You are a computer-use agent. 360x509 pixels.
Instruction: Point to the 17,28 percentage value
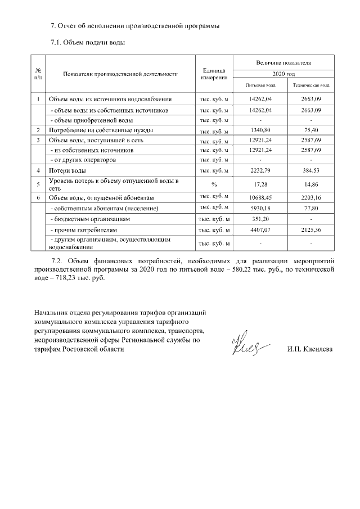(x=260, y=184)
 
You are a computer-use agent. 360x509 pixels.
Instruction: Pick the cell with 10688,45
(x=260, y=198)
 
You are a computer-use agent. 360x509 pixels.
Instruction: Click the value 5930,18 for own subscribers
(x=260, y=208)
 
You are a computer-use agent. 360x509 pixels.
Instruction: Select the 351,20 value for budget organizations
(x=260, y=219)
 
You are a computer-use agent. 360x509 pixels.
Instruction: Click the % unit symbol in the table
(x=214, y=184)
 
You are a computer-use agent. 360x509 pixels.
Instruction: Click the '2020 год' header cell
(x=283, y=74)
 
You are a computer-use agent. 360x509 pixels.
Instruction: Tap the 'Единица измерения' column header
(x=214, y=74)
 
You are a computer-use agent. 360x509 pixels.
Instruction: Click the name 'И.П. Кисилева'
(x=309, y=349)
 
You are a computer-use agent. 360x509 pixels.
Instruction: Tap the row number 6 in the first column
(x=38, y=198)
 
